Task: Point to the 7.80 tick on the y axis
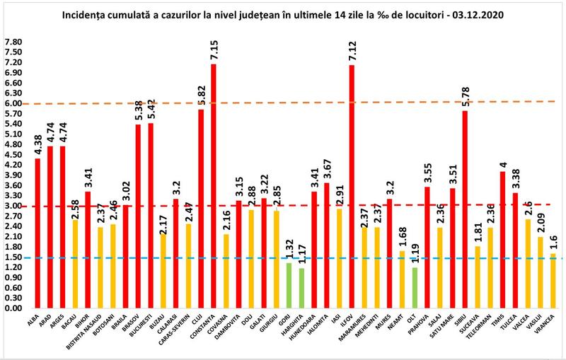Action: [13, 42]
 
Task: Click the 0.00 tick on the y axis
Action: [13, 308]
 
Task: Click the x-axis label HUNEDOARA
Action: [313, 333]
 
